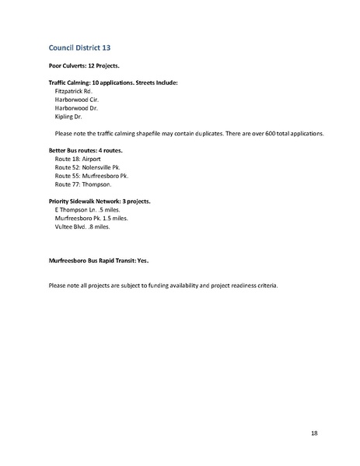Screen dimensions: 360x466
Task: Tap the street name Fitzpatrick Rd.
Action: (x=74, y=91)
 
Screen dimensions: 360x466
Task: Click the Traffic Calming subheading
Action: (x=113, y=82)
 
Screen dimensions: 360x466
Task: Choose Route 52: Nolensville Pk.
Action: (x=90, y=166)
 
